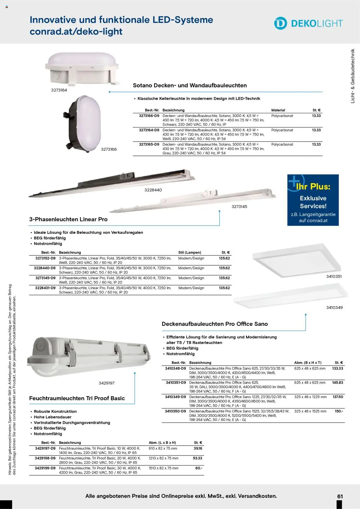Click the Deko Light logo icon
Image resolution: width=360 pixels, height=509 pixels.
(280, 23)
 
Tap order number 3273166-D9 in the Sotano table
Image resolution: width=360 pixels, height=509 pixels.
(149, 116)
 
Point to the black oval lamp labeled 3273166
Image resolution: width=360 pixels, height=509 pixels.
(82, 123)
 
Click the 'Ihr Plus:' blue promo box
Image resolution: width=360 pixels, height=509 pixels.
(313, 200)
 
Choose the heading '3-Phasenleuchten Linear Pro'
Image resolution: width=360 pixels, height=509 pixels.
(68, 219)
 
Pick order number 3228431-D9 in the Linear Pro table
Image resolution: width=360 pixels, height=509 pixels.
(45, 288)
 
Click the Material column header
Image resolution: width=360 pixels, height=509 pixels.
(278, 110)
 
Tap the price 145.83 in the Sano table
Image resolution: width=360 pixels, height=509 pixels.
(337, 383)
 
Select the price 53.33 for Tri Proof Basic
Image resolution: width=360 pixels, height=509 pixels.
(197, 458)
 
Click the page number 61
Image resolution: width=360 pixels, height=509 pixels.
(340, 496)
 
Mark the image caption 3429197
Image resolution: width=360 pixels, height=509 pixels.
(107, 383)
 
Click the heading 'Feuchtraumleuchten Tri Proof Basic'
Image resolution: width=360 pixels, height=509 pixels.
(77, 398)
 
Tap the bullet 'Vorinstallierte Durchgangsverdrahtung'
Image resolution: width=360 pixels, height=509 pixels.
(72, 423)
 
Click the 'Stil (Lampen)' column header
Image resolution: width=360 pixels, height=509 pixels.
(190, 253)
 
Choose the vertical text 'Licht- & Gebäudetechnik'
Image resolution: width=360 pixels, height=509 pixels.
(353, 76)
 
